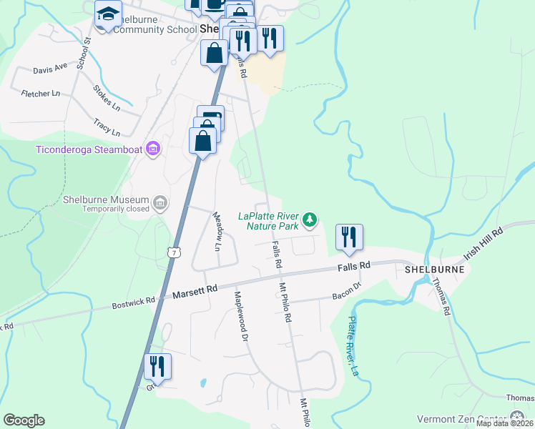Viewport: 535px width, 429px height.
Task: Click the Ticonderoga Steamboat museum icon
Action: (x=152, y=149)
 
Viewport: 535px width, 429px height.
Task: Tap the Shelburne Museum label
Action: (x=106, y=199)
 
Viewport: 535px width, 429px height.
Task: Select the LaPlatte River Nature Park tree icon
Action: (x=310, y=220)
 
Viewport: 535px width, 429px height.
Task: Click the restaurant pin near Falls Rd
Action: (x=349, y=237)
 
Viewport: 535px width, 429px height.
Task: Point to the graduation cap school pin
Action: (x=108, y=14)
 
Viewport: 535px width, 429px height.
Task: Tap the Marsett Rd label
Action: (x=195, y=291)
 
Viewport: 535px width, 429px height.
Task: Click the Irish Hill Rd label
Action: (x=484, y=243)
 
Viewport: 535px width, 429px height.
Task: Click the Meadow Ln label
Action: (x=216, y=231)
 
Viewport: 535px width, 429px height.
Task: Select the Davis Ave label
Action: (x=50, y=69)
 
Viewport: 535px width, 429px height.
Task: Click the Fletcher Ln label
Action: (x=41, y=93)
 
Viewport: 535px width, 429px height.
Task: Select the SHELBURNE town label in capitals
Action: (x=434, y=270)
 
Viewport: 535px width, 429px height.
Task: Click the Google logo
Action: (x=24, y=420)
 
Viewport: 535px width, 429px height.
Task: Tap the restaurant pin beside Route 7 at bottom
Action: (x=157, y=368)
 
